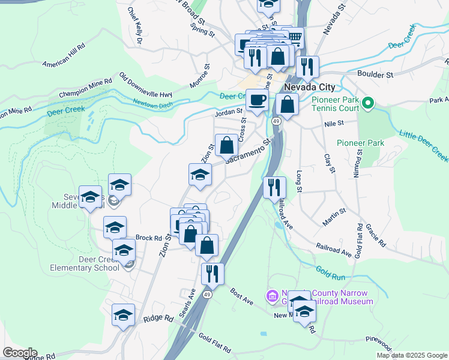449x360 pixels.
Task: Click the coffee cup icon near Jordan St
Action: [257, 100]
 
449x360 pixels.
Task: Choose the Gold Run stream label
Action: [330, 273]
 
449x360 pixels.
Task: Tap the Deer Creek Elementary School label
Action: [91, 263]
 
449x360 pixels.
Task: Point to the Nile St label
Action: [333, 123]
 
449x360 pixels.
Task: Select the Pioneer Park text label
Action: [360, 143]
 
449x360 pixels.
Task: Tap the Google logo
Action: [19, 353]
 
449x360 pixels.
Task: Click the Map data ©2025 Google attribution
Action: [412, 355]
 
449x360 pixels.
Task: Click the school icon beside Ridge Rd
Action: [123, 314]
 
